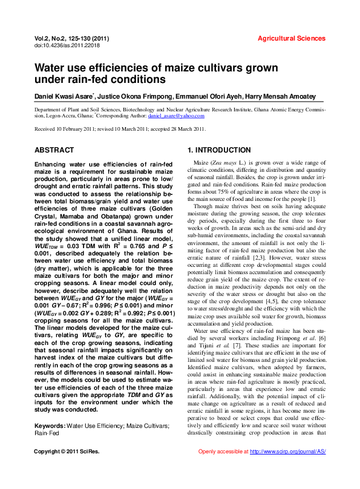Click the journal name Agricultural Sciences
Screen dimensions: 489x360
pyautogui.click(x=292, y=38)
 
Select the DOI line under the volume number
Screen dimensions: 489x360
pyautogui.click(x=67, y=45)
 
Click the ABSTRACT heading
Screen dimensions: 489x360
pyautogui.click(x=54, y=149)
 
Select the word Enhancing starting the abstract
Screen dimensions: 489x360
pyautogui.click(x=53, y=165)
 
